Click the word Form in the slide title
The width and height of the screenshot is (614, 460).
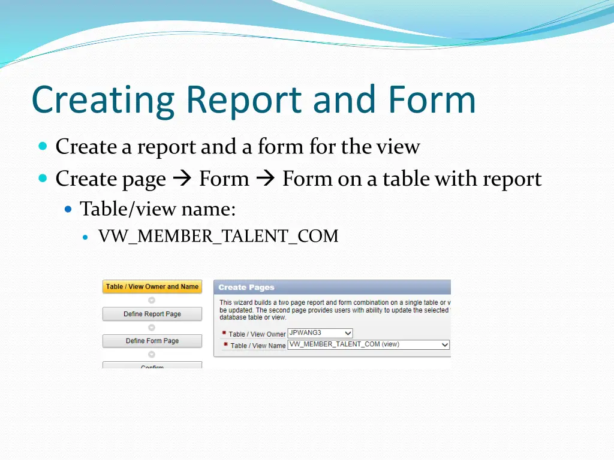tap(431, 100)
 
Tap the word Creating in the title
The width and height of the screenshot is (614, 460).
tap(103, 100)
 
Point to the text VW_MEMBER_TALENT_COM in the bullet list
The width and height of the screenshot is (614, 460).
tap(218, 237)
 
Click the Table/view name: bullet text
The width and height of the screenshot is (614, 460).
tap(158, 209)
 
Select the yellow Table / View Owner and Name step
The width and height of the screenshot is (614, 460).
tap(152, 287)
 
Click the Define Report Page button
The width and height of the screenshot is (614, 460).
tap(152, 314)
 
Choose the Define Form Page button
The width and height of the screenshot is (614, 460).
tap(152, 341)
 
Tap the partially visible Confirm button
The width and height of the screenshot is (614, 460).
tap(152, 365)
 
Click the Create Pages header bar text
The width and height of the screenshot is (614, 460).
tap(246, 287)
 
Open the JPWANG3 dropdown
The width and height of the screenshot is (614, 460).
tap(320, 333)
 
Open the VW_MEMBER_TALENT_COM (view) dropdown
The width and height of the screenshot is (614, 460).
tap(368, 344)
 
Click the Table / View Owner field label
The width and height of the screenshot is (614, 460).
tap(257, 334)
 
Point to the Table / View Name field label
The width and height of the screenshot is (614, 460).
tap(258, 346)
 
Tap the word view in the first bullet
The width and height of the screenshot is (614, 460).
tap(401, 147)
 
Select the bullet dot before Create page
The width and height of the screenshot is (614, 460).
tap(43, 178)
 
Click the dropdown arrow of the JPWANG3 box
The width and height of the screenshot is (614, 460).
tap(348, 333)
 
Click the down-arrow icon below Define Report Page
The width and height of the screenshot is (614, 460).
tap(152, 328)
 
